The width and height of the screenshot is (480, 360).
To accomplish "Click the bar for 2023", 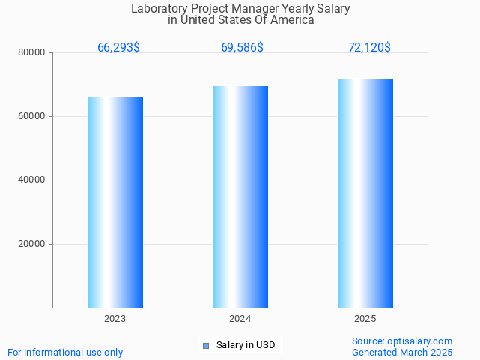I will tap(115, 202).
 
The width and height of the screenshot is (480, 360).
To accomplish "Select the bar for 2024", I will tap(240, 197).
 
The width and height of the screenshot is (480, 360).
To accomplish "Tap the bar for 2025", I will tap(365, 193).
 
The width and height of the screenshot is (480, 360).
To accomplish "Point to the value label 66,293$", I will tap(118, 48).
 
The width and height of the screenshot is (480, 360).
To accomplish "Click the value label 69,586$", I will tap(242, 48).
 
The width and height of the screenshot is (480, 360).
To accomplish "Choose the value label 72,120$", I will tap(369, 48).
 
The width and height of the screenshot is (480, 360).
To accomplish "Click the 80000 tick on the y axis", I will tap(32, 52).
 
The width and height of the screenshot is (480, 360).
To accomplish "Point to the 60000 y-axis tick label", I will tap(32, 116).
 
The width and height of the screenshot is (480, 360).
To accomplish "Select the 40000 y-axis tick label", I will tap(32, 180).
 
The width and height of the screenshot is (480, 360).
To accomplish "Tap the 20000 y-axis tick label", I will tap(32, 244).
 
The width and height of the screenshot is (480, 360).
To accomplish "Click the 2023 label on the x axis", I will tap(115, 319).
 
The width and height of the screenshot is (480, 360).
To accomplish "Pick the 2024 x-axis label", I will tap(240, 319).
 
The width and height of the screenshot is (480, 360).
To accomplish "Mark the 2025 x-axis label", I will tap(365, 319).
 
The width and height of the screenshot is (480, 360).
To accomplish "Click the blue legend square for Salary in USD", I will tap(206, 345).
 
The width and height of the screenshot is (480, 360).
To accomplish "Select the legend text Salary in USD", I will tap(245, 345).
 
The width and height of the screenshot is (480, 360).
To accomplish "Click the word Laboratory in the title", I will tap(157, 9).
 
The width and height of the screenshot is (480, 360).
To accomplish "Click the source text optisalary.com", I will tap(402, 341).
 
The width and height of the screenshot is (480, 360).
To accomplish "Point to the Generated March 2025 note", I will tap(402, 352).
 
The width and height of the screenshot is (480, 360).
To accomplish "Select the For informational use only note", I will tap(65, 352).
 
